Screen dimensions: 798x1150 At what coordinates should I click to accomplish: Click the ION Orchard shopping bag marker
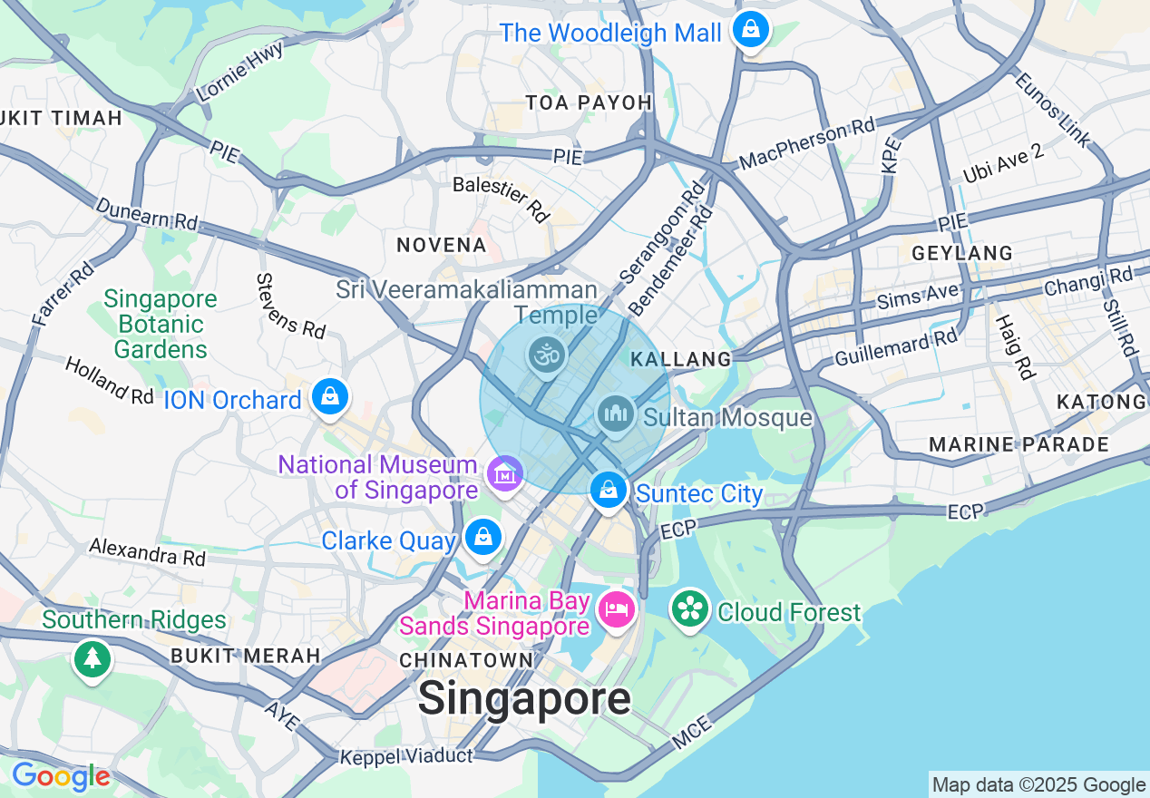[331, 397]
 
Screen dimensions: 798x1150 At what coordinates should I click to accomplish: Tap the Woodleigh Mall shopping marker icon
[752, 30]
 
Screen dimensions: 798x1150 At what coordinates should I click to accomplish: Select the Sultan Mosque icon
[616, 414]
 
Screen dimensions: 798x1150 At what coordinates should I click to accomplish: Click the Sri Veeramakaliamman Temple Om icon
[548, 355]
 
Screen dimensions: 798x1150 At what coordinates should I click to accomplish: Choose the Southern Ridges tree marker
[92, 659]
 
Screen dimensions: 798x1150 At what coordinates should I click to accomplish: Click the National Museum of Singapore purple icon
[504, 472]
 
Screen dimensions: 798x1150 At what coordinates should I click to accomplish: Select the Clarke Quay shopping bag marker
[483, 538]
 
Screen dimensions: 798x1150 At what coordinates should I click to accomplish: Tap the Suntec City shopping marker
[609, 491]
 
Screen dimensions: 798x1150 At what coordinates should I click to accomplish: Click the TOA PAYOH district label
[590, 102]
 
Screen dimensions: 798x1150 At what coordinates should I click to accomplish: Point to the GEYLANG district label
[961, 253]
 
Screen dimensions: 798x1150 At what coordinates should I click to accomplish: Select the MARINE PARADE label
[1018, 444]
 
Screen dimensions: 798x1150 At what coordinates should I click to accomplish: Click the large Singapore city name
[524, 698]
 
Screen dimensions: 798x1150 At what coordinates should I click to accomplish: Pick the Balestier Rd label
[502, 199]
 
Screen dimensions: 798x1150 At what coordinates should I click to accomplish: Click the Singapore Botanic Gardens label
[161, 324]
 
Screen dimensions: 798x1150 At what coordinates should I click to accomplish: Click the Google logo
[61, 777]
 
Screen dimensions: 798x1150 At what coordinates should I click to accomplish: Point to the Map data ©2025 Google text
[1039, 785]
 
